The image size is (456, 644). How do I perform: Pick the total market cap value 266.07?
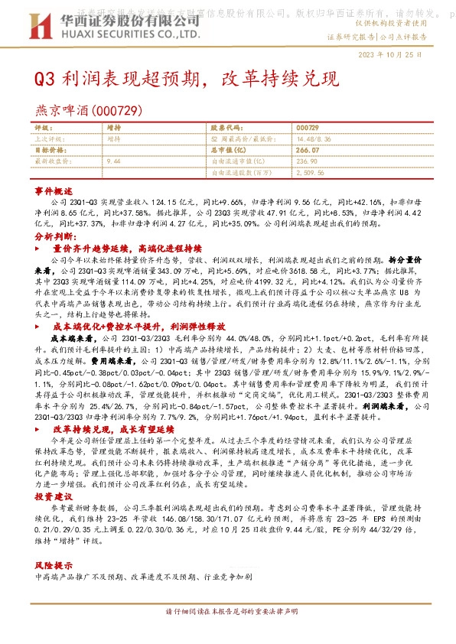point(306,151)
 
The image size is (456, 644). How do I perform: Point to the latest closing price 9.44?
point(115,162)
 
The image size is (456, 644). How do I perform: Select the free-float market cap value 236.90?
point(306,162)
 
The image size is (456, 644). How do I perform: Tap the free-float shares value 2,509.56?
point(309,174)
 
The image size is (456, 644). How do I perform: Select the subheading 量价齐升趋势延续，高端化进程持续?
point(127,249)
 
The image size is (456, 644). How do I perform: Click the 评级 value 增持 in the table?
point(114,128)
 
